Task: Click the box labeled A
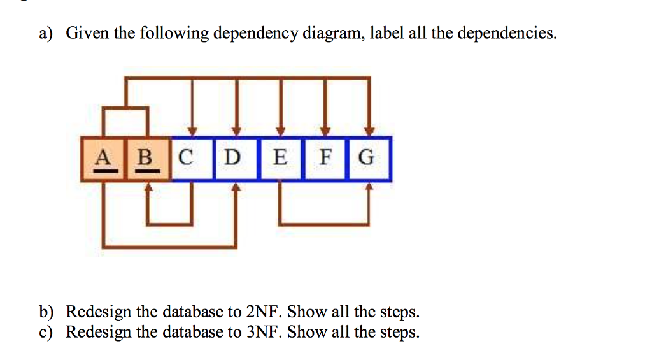pyautogui.click(x=103, y=159)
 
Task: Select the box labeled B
pyautogui.click(x=148, y=159)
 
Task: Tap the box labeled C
pyautogui.click(x=192, y=159)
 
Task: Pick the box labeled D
pyautogui.click(x=236, y=159)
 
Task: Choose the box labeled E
pyautogui.click(x=280, y=159)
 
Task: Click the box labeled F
pyautogui.click(x=325, y=159)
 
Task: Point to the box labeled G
pyautogui.click(x=369, y=159)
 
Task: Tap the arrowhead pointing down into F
pyautogui.click(x=325, y=132)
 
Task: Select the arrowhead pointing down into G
pyautogui.click(x=370, y=132)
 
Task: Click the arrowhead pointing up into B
pyautogui.click(x=148, y=186)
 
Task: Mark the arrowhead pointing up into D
pyautogui.click(x=236, y=186)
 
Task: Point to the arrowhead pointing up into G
pyautogui.click(x=370, y=186)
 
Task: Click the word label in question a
pyautogui.click(x=386, y=33)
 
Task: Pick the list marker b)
pyautogui.click(x=46, y=312)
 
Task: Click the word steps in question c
pyautogui.click(x=399, y=333)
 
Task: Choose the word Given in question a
pyautogui.click(x=88, y=33)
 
